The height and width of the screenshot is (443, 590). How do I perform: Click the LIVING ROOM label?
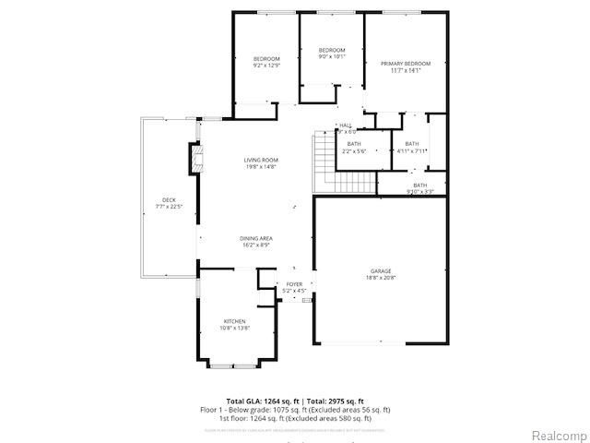[x=261, y=161]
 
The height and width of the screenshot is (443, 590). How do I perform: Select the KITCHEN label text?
[x=235, y=321]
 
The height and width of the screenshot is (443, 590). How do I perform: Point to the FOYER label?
[x=294, y=284]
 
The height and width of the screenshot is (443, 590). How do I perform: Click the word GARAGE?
[x=381, y=271]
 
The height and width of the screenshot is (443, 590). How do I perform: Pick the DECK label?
[x=169, y=200]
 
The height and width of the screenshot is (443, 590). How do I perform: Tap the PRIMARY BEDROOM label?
[x=406, y=64]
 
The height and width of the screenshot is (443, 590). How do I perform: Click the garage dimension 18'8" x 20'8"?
[x=381, y=278]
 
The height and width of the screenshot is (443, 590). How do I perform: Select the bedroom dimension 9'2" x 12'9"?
[x=266, y=66]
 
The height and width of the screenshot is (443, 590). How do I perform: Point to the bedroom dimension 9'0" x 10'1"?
[x=332, y=55]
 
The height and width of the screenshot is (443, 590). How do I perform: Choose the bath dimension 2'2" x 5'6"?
[x=355, y=150]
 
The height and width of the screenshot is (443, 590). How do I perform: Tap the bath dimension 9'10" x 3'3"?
[x=420, y=192]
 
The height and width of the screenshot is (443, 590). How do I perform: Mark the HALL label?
[x=346, y=126]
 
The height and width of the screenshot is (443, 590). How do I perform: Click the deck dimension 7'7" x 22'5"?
[x=169, y=206]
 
